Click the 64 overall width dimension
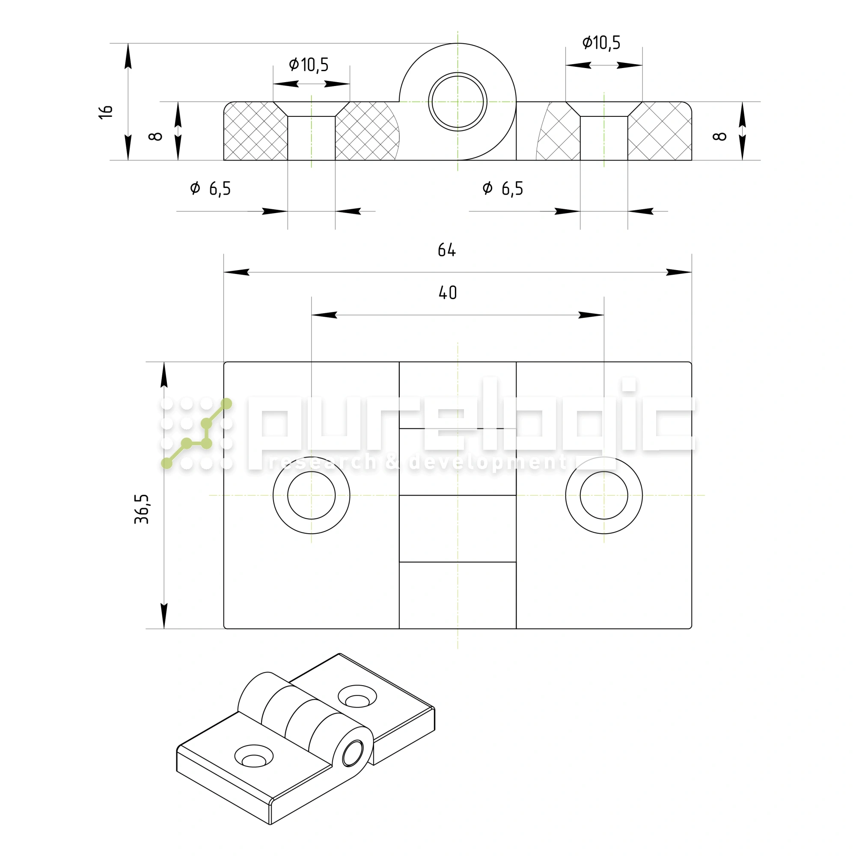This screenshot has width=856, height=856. pyautogui.click(x=446, y=250)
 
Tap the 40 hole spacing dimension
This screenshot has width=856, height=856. pyautogui.click(x=448, y=293)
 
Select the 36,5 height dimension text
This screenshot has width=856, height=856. pyautogui.click(x=142, y=509)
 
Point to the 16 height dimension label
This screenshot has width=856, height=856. pyautogui.click(x=106, y=112)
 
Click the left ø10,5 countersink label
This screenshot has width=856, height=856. pyautogui.click(x=309, y=65)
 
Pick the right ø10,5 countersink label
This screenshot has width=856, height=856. pyautogui.click(x=601, y=43)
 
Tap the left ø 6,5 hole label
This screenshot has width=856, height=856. pyautogui.click(x=211, y=189)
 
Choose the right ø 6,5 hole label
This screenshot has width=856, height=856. pyautogui.click(x=503, y=189)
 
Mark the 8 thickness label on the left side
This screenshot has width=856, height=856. pyautogui.click(x=156, y=137)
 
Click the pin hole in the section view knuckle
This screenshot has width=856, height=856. pyautogui.click(x=458, y=102)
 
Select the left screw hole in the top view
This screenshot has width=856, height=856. pyautogui.click(x=312, y=495)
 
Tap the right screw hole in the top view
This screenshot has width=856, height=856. pyautogui.click(x=604, y=495)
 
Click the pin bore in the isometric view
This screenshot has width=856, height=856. pyautogui.click(x=353, y=753)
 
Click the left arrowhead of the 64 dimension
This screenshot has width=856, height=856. pyautogui.click(x=237, y=272)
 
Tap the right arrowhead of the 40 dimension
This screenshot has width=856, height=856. pyautogui.click(x=591, y=315)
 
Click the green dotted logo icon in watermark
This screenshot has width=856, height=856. pyautogui.click(x=196, y=433)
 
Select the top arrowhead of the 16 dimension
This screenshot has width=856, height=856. pyautogui.click(x=128, y=56)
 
